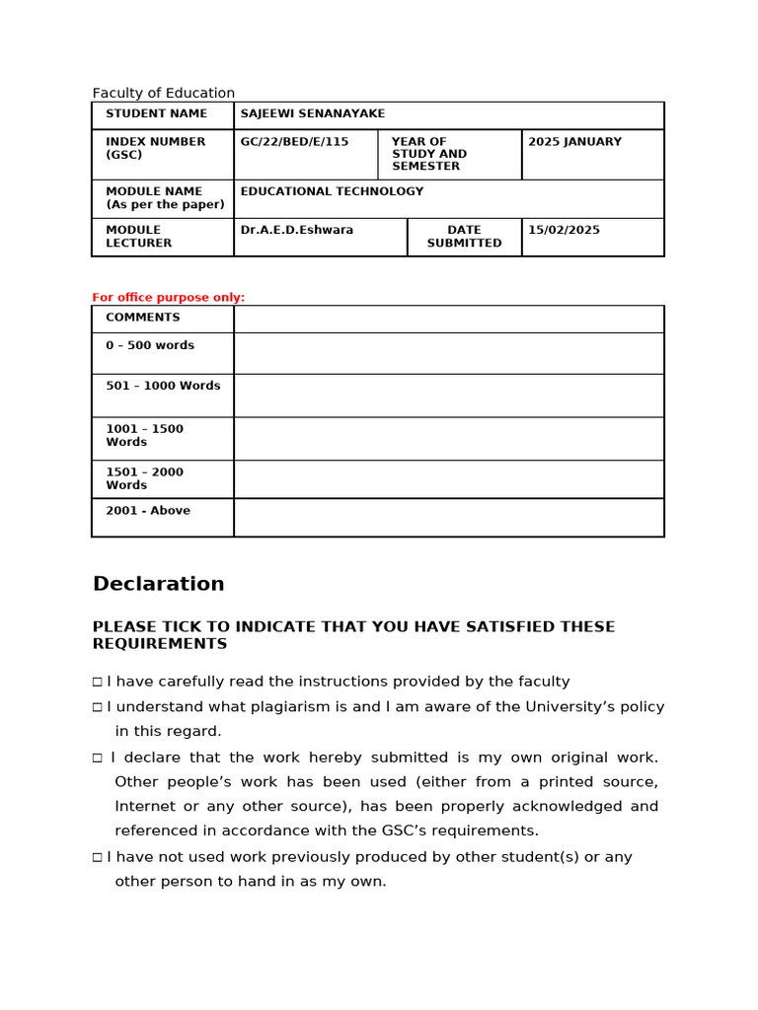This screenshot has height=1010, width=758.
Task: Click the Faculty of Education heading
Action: click(x=164, y=93)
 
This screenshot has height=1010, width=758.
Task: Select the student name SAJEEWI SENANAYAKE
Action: click(x=313, y=114)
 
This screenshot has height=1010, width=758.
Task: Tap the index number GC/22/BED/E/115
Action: click(x=294, y=142)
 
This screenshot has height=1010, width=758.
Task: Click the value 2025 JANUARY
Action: click(x=574, y=142)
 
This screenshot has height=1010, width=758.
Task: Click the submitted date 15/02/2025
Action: click(x=564, y=230)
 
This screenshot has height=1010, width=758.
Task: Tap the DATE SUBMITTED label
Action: click(x=464, y=237)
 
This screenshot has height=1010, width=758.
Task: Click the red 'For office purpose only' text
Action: click(x=169, y=297)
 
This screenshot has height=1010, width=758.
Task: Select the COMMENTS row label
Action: click(x=143, y=318)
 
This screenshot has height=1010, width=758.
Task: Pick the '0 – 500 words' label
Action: click(x=150, y=346)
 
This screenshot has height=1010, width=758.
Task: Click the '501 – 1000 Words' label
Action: click(x=163, y=386)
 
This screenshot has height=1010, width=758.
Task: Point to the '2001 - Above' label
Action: click(x=148, y=511)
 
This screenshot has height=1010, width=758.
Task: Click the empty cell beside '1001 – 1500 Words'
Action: click(x=448, y=438)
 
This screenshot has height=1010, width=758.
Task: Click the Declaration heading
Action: click(x=159, y=584)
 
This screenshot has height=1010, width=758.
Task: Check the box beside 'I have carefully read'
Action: click(x=98, y=682)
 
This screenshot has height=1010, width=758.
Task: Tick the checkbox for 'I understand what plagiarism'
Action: click(x=98, y=707)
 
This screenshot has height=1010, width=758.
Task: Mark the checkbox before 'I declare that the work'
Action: click(x=98, y=758)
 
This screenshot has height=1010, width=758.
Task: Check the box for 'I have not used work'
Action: click(x=98, y=858)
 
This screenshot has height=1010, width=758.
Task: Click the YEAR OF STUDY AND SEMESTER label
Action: click(x=429, y=154)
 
